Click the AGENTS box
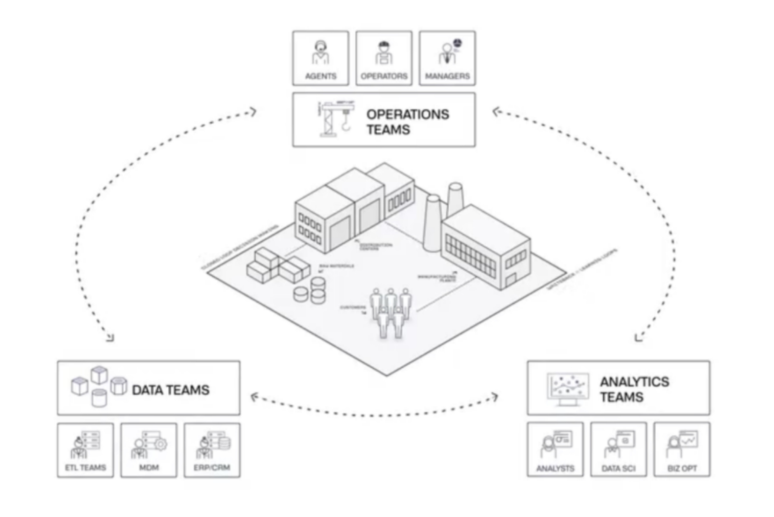[320, 58]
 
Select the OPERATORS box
[384, 58]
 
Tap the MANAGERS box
[447, 58]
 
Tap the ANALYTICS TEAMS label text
[634, 389]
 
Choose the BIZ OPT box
[682, 449]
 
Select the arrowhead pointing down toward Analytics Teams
[638, 338]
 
